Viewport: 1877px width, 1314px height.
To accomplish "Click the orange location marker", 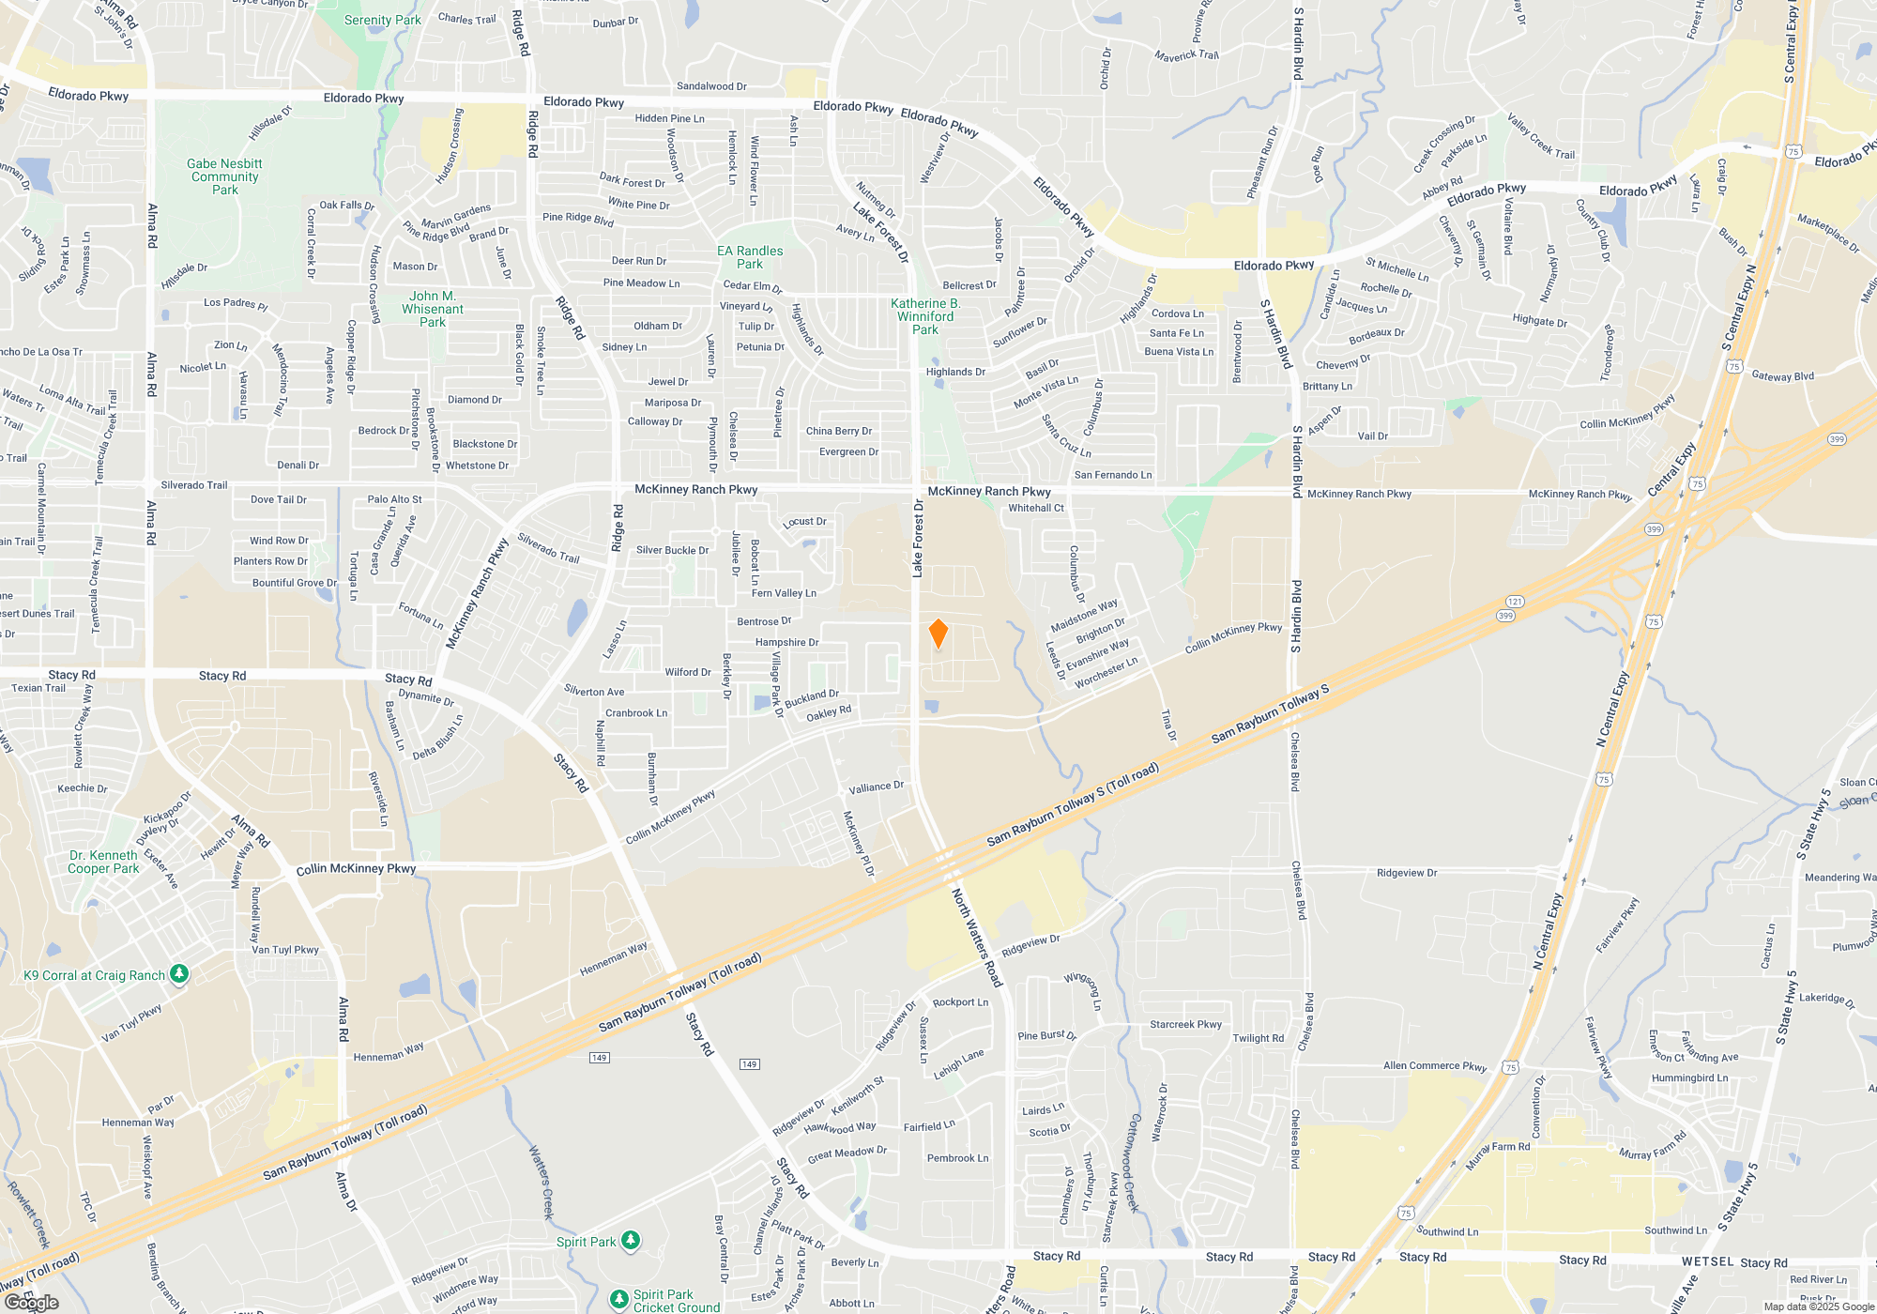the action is pos(938,634).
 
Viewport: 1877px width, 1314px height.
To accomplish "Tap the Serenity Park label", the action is pos(382,20).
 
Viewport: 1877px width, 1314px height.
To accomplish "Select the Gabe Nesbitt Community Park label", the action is pos(224,176).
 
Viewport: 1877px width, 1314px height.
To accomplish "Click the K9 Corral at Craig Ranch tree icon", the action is pos(179,974).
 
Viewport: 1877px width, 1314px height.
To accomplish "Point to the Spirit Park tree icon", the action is pos(631,1241).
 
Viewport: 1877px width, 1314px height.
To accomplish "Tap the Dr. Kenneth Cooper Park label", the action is pos(103,862).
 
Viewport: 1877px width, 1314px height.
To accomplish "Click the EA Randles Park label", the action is pos(749,257).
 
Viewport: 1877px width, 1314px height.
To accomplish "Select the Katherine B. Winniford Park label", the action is pos(925,316).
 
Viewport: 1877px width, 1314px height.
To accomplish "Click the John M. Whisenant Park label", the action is pos(432,309).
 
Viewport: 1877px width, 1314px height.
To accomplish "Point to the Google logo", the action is pos(32,1302).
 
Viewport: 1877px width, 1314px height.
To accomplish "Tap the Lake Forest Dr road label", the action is pos(918,538).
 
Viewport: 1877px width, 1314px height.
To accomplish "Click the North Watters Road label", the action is pos(977,937).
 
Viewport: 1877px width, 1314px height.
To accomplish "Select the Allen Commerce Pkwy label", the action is pos(1434,1065).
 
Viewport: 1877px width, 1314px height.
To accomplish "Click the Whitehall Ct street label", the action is pos(1036,508).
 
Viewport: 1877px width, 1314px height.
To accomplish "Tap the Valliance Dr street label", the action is pos(876,787).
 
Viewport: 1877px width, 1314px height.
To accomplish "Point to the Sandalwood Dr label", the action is pos(711,86).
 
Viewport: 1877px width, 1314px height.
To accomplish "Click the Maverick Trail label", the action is pos(1186,55).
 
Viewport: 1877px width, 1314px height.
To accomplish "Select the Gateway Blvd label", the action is pos(1782,376).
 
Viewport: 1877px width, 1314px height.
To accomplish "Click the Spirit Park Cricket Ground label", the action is pos(676,1301).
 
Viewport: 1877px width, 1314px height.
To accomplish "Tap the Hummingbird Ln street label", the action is pos(1689,1077).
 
